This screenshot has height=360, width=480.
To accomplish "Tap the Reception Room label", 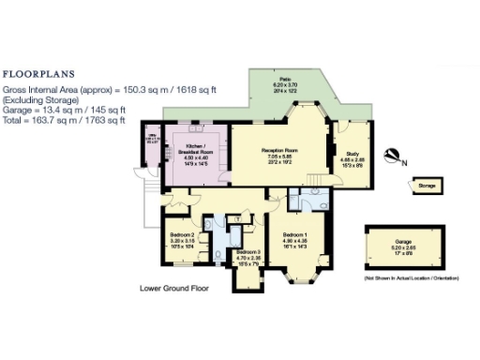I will [279, 149].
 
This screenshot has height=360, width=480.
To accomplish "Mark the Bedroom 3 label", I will [247, 252].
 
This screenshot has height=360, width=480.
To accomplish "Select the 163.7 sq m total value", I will [51, 120].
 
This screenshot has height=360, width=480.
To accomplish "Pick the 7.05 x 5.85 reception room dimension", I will [279, 156].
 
